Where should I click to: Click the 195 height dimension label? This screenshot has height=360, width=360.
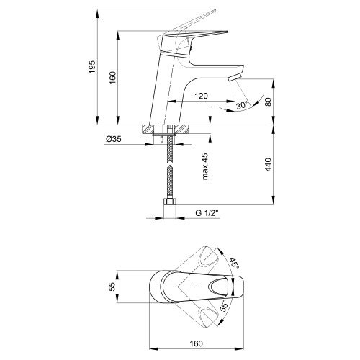92,67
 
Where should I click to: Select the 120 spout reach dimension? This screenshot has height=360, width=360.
201,96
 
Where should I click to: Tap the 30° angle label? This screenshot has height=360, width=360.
241,106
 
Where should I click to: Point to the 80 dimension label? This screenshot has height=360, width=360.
269,102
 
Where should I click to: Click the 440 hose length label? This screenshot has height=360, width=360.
269,165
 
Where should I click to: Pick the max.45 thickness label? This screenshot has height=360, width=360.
205,166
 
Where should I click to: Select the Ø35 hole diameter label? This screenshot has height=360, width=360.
114,139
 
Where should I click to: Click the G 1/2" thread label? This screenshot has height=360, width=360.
207,213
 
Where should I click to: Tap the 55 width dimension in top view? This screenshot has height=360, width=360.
112,287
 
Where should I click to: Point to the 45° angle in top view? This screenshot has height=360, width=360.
234,264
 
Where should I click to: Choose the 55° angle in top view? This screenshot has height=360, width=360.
223,305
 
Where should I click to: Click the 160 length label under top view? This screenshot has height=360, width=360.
197,343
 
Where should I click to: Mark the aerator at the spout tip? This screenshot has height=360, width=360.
234,78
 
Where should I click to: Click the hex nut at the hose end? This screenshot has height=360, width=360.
170,202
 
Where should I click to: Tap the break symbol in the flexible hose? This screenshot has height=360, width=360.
170,163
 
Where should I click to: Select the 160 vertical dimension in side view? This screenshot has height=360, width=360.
113,78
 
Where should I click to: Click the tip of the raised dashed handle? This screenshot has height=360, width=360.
215,10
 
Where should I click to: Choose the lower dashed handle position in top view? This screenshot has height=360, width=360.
207,316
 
